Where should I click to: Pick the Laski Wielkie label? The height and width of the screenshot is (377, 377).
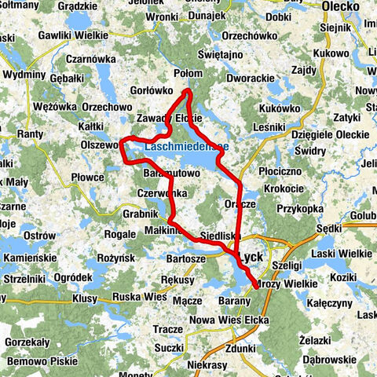point(340,252)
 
